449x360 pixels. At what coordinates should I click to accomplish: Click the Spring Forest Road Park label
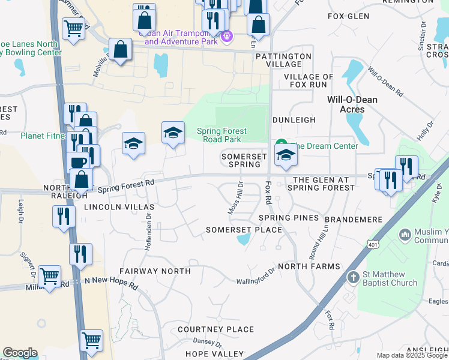(x=219, y=135)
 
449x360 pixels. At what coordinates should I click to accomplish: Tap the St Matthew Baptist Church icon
(x=354, y=277)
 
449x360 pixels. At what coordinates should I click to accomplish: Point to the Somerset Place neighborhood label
(x=244, y=230)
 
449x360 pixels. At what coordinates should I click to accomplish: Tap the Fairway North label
(x=155, y=271)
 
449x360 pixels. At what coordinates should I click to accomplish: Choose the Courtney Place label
(x=215, y=329)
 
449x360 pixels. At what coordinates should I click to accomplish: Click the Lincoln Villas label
(x=119, y=206)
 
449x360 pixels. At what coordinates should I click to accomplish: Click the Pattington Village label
(x=283, y=60)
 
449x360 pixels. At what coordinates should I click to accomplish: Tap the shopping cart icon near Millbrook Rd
(x=50, y=275)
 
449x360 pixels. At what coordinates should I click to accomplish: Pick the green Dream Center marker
(x=280, y=145)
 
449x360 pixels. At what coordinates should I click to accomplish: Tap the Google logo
(x=20, y=353)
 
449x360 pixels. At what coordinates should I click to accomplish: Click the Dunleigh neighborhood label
(x=294, y=120)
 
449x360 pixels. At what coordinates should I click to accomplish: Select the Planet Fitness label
(x=43, y=136)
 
